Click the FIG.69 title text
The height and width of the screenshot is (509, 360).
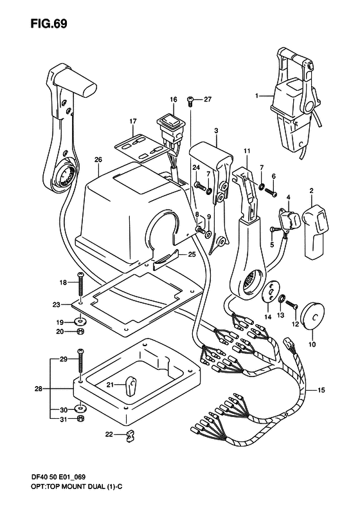pos(49,24)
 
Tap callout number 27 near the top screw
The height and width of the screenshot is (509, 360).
pos(208,99)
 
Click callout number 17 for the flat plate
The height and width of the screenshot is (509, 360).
pos(133,121)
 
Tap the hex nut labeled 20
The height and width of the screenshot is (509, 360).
pos(81,331)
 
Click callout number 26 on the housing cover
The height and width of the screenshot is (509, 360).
pos(98,160)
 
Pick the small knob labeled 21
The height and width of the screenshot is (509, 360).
pos(130,385)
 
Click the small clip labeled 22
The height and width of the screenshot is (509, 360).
pos(130,434)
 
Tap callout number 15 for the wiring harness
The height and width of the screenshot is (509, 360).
pos(321,390)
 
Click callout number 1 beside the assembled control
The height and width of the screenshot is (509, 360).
pos(256,96)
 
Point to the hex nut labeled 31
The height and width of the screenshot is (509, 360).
pos(81,418)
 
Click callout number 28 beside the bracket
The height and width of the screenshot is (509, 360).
pos(39,389)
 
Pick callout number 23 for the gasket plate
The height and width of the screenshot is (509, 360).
pos(56,305)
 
